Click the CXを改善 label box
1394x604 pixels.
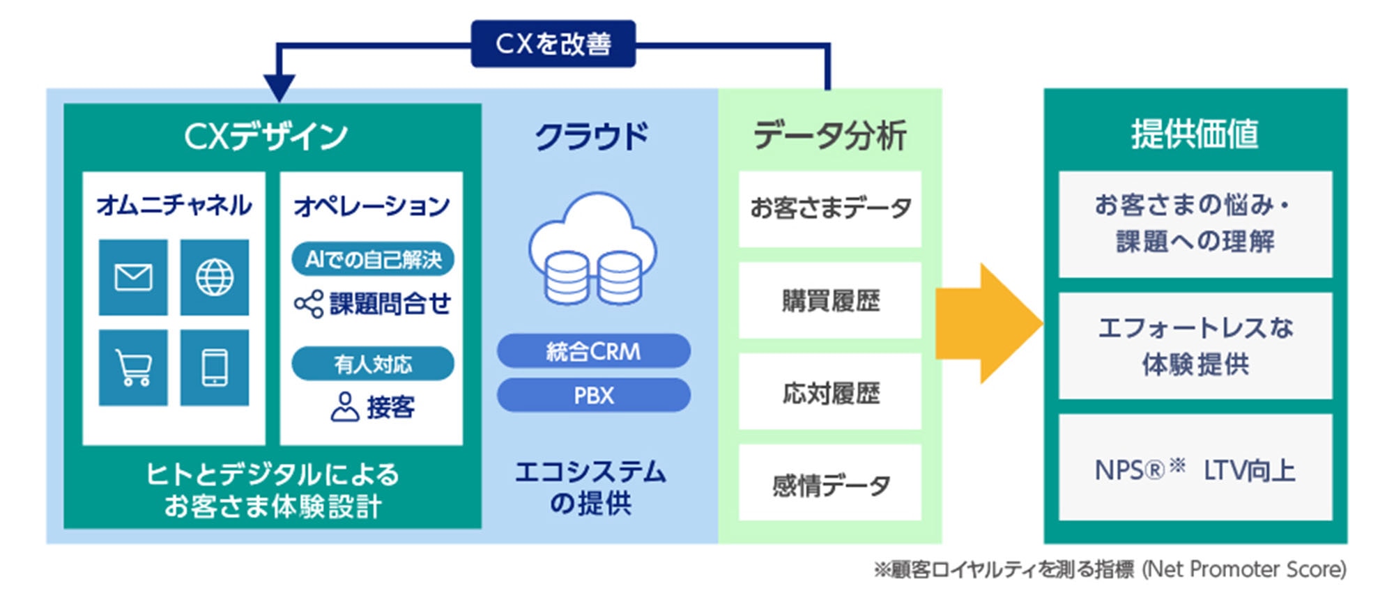[553, 44]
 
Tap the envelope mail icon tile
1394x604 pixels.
[133, 277]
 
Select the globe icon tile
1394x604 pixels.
[215, 277]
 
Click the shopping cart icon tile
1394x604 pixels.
[133, 367]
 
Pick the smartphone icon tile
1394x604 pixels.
[215, 367]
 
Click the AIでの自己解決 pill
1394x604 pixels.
[373, 259]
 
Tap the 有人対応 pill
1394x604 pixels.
[373, 364]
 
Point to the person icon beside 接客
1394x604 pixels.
[344, 407]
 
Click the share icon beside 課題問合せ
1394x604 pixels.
[308, 304]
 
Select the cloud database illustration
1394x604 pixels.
[592, 251]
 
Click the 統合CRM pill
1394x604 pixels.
[593, 351]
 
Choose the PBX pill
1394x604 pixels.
[593, 395]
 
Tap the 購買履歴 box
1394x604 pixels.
[830, 301]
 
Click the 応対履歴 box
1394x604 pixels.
[830, 392]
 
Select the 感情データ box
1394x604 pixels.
[830, 483]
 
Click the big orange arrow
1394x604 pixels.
[990, 323]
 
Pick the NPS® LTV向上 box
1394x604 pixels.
[1195, 468]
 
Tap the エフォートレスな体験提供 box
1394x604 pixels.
[1195, 346]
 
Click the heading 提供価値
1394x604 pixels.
[1195, 134]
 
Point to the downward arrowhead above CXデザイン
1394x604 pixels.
[279, 89]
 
